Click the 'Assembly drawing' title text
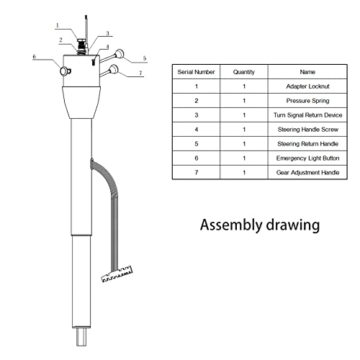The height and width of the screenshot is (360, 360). point(259,225)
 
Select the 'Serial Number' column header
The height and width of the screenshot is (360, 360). point(194,72)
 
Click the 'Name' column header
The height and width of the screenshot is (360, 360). point(307,72)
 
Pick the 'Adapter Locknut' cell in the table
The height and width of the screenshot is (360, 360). point(307,86)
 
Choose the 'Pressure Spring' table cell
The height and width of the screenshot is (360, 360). point(307,101)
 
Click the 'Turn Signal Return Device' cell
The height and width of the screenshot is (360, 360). point(307,115)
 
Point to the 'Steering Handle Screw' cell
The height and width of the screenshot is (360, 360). point(307,130)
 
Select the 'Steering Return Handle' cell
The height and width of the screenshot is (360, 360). point(307,144)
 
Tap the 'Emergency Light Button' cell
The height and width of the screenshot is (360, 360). point(307,158)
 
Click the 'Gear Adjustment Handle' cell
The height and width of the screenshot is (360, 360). point(307,172)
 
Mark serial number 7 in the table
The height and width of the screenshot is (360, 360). point(194,172)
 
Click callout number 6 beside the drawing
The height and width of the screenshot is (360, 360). point(34,56)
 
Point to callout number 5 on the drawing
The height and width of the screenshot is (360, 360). point(145,57)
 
